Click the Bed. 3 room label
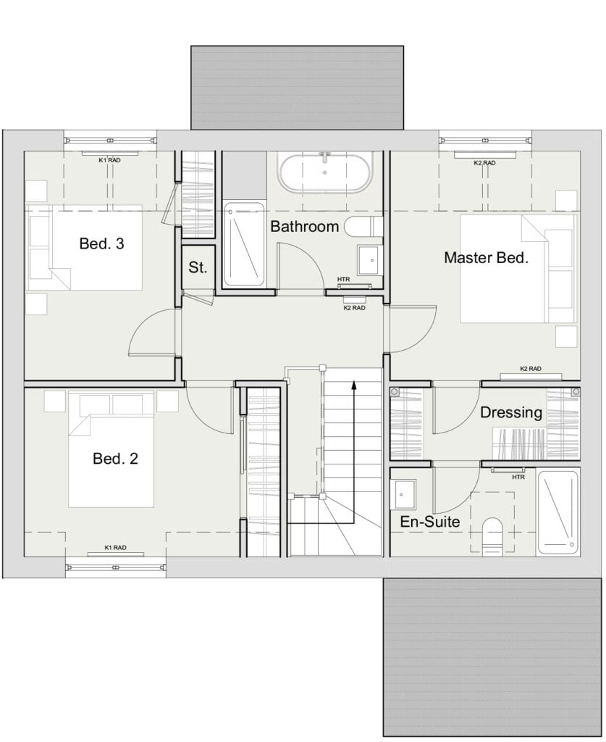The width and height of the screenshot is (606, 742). [101, 243]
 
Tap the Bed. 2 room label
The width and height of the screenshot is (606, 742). [115, 459]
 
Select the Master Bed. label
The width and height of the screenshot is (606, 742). [487, 258]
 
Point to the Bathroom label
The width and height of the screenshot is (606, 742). [304, 226]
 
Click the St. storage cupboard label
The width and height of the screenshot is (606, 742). [198, 267]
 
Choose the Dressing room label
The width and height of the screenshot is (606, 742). [511, 412]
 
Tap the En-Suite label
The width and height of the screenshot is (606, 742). [429, 522]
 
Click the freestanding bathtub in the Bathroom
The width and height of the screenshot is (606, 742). [325, 172]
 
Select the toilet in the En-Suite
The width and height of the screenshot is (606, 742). [492, 535]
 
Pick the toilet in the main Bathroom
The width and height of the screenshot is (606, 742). [363, 227]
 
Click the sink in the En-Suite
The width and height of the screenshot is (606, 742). [403, 494]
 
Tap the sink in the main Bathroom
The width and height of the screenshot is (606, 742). [371, 260]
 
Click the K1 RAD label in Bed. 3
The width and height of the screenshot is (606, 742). [109, 160]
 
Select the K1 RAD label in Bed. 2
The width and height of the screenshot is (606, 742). [115, 548]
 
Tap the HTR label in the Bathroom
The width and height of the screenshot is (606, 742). [344, 280]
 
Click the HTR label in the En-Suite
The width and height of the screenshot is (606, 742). [518, 477]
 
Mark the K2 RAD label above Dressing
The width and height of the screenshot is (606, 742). [531, 369]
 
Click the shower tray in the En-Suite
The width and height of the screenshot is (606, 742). [558, 512]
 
